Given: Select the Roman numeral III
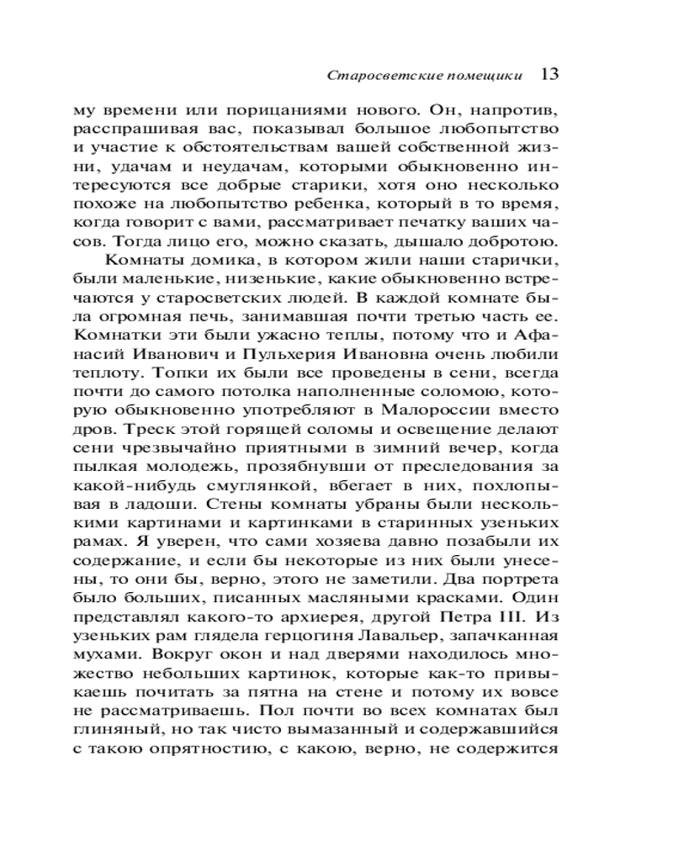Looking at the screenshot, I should [x=488, y=615].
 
